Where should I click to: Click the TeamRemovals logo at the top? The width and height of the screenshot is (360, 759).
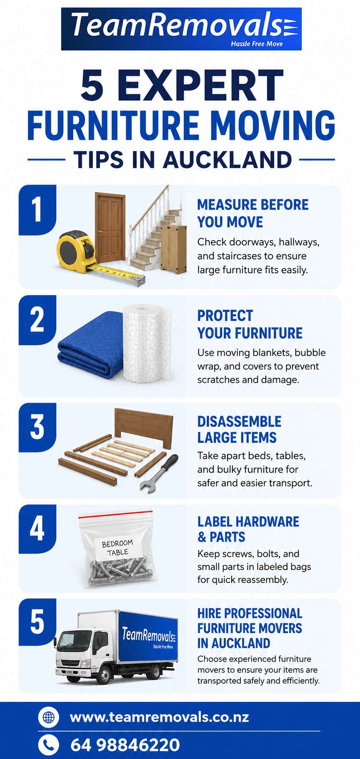pos(181,29)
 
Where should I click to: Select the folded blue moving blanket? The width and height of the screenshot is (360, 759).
pos(90,350)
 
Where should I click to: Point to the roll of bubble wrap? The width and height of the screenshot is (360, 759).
pos(147,342)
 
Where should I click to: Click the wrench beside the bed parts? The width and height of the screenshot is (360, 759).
pos(159,473)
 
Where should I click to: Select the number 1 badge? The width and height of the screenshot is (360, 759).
pos(37,210)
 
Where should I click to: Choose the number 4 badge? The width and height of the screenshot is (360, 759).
pos(37,529)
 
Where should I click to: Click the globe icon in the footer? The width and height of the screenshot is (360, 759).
pos(49,717)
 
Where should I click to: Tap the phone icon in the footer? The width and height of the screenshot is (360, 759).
pos(49,745)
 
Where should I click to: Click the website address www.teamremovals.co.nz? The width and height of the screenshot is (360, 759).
pos(160,717)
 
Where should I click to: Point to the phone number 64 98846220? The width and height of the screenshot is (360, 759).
pos(125,745)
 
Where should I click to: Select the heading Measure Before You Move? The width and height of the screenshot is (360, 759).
pos(253,213)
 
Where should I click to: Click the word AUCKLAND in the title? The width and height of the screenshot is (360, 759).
pos(227,160)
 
